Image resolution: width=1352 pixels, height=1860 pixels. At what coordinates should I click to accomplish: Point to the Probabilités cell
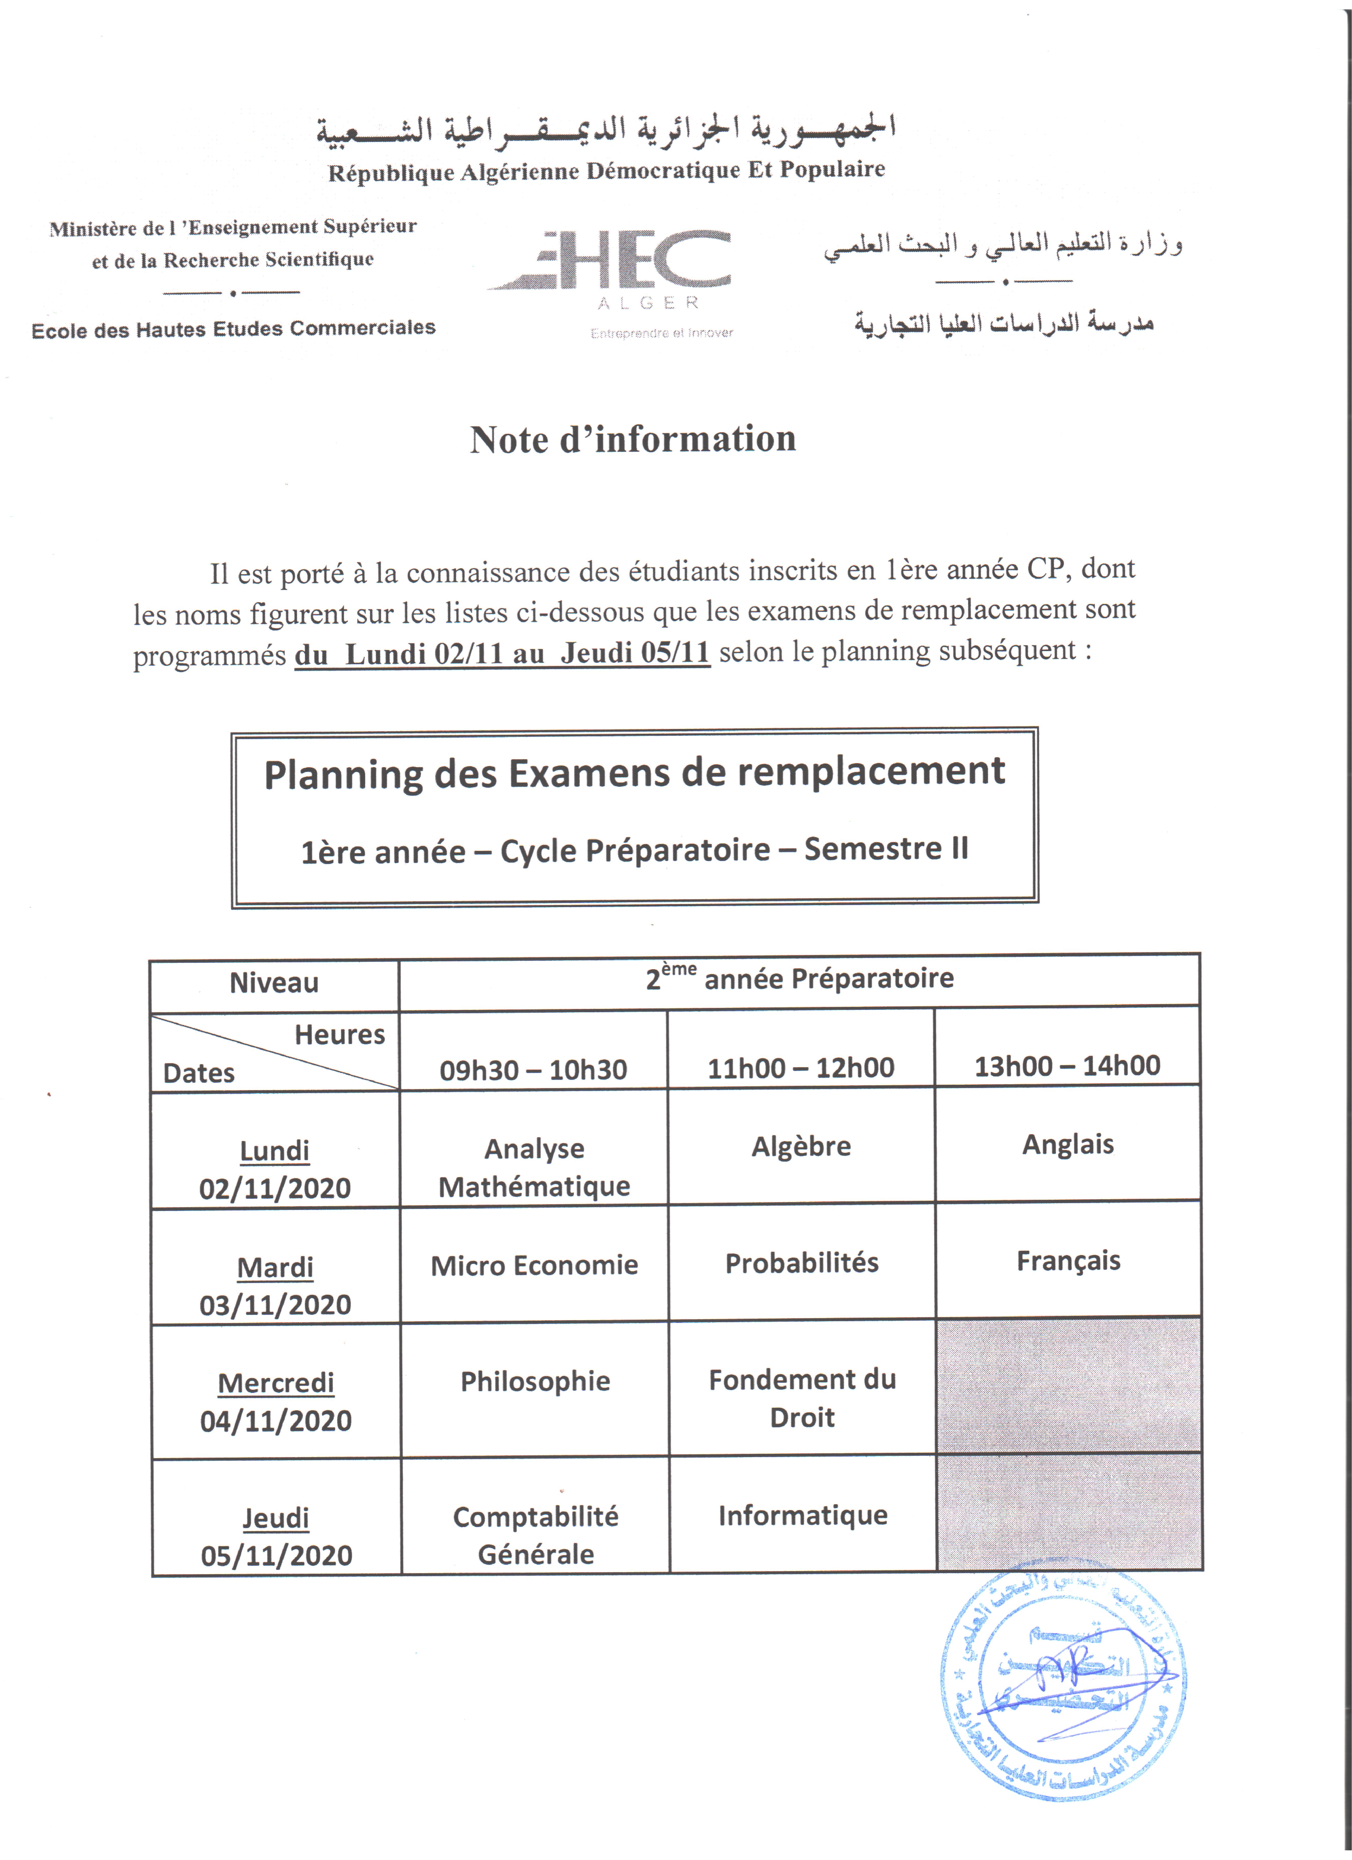pos(801,1263)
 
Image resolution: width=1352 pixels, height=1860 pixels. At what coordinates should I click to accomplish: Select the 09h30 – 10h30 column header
pos(533,1069)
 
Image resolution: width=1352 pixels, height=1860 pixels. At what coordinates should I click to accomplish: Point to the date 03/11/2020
pos(276,1305)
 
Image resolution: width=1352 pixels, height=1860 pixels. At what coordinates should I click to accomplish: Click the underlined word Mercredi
pos(276,1383)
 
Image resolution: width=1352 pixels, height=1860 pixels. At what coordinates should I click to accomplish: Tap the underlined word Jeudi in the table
pos(276,1518)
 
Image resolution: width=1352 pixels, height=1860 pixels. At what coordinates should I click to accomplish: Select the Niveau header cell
pos(274,982)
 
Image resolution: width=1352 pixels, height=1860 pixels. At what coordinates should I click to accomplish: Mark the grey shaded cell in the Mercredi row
pos(1068,1386)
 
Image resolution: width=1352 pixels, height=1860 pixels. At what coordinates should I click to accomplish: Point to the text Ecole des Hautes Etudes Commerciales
pos(234,329)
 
